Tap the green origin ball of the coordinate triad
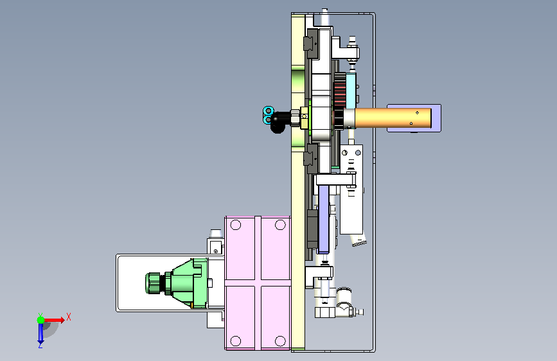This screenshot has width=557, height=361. [x=41, y=320]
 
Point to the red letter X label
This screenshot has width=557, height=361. [x=69, y=317]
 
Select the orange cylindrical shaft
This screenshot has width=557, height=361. [x=393, y=118]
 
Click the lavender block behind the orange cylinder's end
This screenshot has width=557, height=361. [x=414, y=118]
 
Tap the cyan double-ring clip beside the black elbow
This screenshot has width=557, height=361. [x=267, y=115]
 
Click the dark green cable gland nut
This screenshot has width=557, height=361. [x=152, y=283]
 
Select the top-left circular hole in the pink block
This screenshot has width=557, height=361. [x=236, y=225]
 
